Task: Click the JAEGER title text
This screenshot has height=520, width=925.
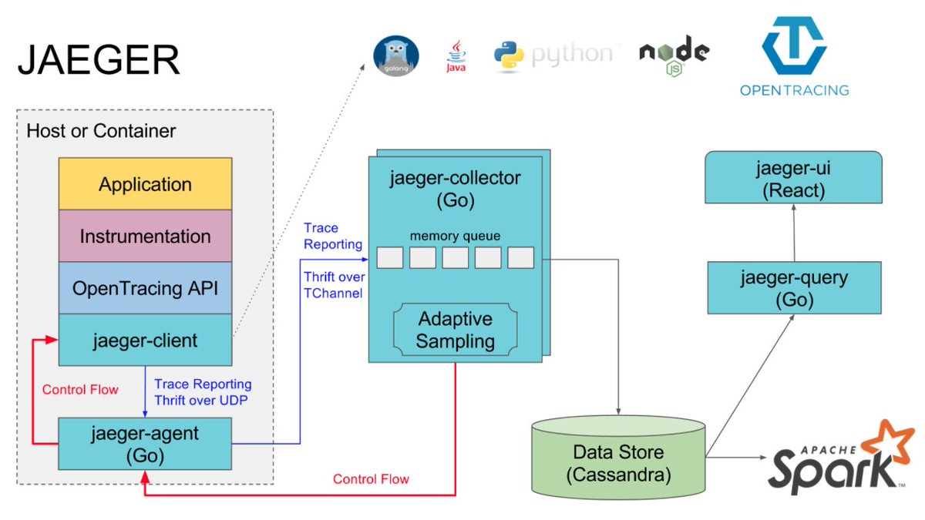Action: (x=99, y=61)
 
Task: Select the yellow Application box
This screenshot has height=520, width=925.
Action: (x=145, y=184)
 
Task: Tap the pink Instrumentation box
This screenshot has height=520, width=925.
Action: (x=145, y=236)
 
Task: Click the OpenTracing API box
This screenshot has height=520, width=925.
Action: (x=145, y=288)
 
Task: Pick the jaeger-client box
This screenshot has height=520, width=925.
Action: (x=145, y=340)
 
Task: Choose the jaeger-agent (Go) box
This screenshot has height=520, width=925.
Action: (x=145, y=444)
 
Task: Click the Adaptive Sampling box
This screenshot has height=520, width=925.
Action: (x=455, y=330)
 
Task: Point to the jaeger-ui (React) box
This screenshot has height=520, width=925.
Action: (x=793, y=178)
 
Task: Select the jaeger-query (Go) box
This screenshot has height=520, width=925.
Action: (x=793, y=287)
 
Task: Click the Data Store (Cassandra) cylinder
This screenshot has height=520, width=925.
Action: (x=618, y=462)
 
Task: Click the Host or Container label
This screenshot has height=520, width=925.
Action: (x=101, y=131)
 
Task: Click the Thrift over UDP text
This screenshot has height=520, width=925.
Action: (x=200, y=400)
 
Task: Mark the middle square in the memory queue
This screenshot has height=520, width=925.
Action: (x=455, y=257)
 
